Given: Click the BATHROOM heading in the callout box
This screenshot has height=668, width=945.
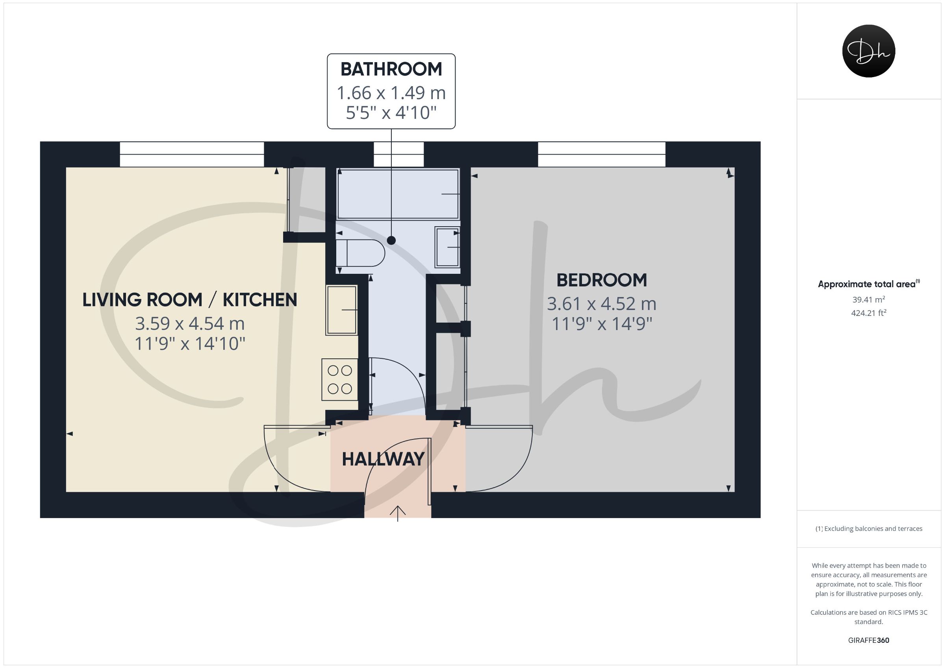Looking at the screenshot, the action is pos(391,69).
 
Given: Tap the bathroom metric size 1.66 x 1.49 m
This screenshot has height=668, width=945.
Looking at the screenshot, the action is pos(391,93).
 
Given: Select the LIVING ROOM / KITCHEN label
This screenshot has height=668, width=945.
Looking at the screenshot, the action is pos(190,300).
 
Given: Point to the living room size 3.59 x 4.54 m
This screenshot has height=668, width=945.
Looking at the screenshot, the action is pos(190,324).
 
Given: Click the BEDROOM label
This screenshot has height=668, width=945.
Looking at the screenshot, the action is pos(602,280).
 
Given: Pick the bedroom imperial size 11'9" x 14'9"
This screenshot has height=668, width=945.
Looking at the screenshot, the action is pos(602,324).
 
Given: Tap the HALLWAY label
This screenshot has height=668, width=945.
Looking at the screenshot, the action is pos(383,459).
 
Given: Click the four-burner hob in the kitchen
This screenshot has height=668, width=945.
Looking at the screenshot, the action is pos(339,380).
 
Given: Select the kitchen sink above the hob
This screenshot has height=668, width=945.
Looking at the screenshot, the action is pos(342,310).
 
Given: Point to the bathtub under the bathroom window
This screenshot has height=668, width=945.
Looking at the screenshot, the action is pos(398,194).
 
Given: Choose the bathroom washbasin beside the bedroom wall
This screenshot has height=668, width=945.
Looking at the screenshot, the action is pos(447,247).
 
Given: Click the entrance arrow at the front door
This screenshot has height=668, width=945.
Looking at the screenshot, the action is pos(398,513).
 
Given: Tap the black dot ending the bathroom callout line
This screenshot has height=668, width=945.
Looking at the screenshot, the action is pos(391,241).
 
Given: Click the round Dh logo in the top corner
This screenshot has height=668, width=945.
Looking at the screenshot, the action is pos(869,51).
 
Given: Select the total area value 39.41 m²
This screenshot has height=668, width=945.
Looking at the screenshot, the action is pos(869,299).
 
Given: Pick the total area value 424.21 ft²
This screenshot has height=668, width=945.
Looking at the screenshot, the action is pos(869,313).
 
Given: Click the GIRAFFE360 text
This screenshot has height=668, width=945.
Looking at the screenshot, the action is pos(869,640).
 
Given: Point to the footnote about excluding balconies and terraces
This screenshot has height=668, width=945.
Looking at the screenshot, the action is pos(869,529).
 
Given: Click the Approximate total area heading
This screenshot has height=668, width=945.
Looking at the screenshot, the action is pos(869,284).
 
